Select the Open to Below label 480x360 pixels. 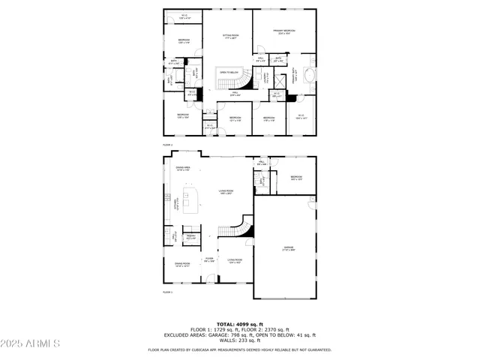click(x=229, y=73)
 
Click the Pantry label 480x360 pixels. click(x=191, y=237)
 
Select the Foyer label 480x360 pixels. click(x=209, y=260)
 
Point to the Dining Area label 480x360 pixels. click(x=182, y=169)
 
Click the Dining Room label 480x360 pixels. click(x=182, y=263)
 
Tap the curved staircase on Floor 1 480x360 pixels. click(x=240, y=227)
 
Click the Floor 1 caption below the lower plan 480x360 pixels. click(x=168, y=292)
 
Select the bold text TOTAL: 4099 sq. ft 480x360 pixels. click(x=240, y=324)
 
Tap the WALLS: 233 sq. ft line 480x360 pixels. click(x=240, y=341)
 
